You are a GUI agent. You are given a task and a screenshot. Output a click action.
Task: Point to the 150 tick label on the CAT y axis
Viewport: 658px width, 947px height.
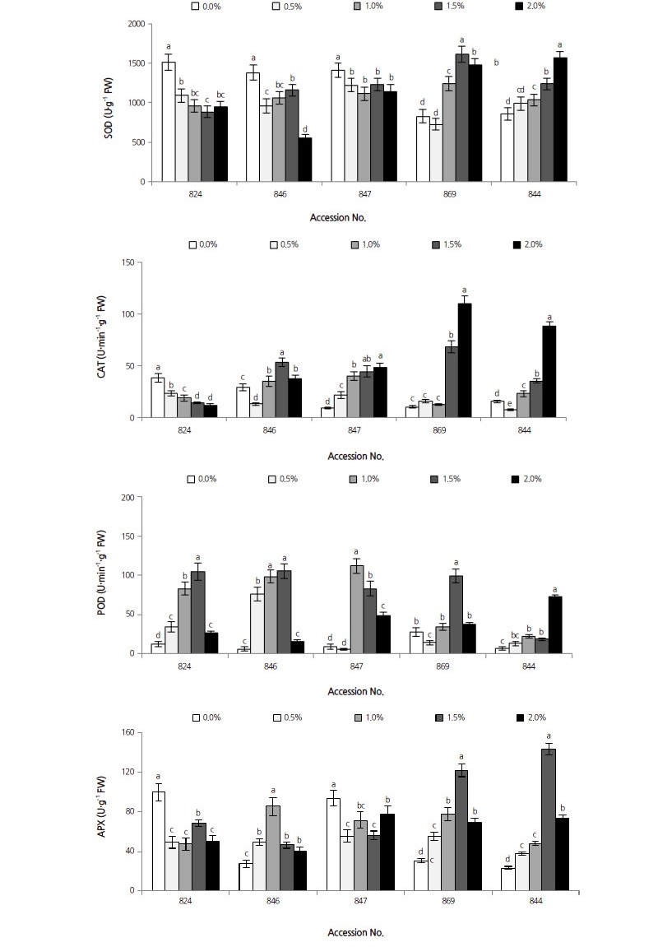click(129, 262)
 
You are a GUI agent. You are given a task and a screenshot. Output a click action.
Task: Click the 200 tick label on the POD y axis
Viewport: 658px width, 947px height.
click(129, 498)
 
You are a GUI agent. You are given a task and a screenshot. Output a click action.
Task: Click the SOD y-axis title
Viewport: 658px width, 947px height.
click(108, 103)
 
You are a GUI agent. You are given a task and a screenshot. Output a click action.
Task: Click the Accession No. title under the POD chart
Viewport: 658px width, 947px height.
click(355, 692)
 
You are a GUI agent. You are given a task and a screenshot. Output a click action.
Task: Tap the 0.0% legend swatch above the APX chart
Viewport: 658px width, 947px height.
click(197, 717)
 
